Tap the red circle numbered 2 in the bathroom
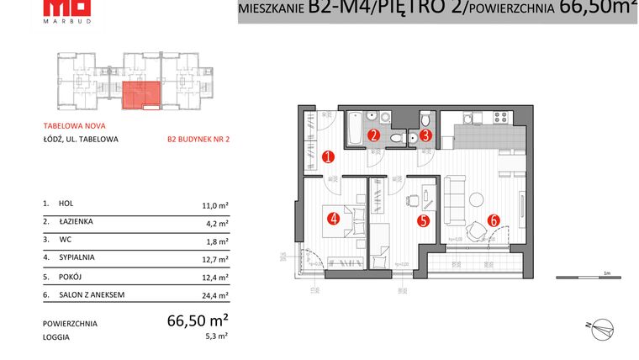375,134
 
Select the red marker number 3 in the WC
426,134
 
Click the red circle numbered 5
424,221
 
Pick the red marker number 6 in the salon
494,220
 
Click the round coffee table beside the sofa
477,199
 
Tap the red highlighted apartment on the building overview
140,96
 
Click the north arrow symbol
602,326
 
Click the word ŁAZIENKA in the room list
76,222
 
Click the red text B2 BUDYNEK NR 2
198,140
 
